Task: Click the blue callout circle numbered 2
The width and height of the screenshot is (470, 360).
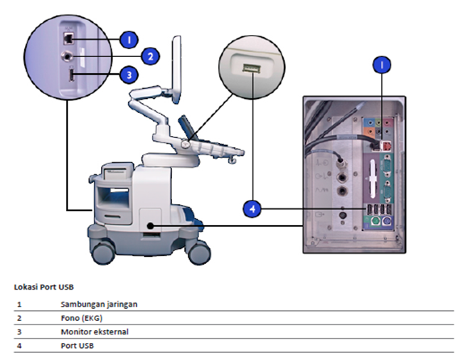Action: click(149, 55)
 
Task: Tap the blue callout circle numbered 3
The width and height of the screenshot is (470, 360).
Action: click(127, 74)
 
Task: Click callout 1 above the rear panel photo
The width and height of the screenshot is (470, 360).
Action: click(382, 65)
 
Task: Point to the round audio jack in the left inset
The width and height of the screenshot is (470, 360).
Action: click(68, 55)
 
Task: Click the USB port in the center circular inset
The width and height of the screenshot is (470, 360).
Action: click(250, 68)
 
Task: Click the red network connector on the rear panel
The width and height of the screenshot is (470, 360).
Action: click(386, 144)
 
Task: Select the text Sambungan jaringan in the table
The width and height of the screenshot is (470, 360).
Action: click(99, 304)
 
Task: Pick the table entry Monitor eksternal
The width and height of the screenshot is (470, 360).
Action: click(92, 332)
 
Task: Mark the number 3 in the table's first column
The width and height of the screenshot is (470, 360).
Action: click(19, 332)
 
